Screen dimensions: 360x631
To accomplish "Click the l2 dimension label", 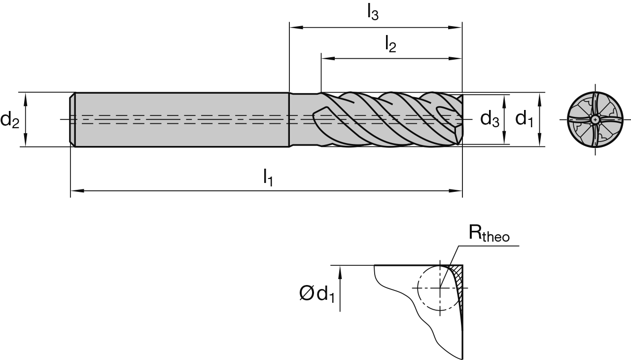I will pos(390,44).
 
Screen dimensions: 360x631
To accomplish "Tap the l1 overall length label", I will pos(268,177).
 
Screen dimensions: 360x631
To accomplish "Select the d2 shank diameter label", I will pos(10,119).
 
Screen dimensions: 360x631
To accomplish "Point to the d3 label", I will pos(490,119).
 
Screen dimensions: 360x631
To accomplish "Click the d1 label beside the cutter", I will pos(524,119).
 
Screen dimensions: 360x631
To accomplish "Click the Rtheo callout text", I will pos(489,235).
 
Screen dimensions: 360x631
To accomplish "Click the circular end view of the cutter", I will pos(596,119).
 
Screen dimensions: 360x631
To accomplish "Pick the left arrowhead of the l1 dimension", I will pos(75,189).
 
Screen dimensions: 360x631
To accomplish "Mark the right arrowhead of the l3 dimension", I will pos(458,27).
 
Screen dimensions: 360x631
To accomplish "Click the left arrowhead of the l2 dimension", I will pos(325,58).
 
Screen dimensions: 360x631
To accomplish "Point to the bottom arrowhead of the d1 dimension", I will pos(541,143).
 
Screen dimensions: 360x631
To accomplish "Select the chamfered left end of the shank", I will pos(72,119).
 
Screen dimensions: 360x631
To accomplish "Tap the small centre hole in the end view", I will pos(596,119).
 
